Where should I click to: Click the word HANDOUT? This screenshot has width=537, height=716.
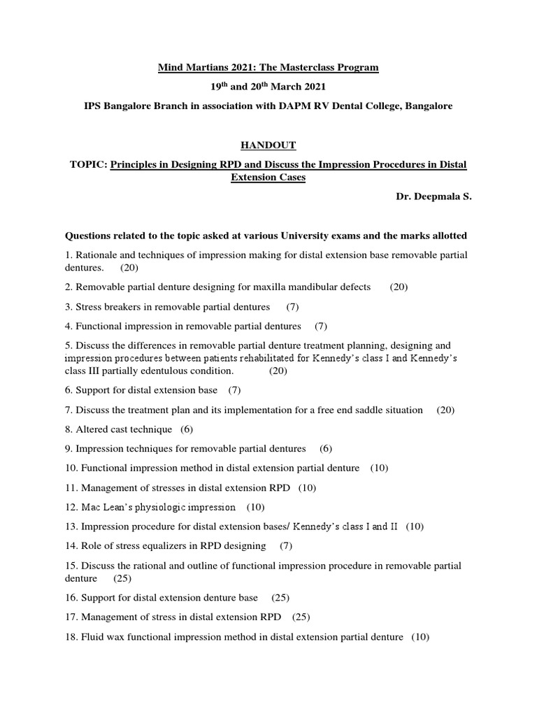pyautogui.click(x=268, y=145)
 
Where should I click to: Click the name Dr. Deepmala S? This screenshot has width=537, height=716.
pyautogui.click(x=434, y=197)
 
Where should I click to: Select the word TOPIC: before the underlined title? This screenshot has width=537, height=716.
pyautogui.click(x=87, y=165)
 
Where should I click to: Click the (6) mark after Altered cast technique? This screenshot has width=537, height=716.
pyautogui.click(x=187, y=429)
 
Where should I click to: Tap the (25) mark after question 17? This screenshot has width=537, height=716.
pyautogui.click(x=301, y=617)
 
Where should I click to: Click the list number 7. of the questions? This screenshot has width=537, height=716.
pyautogui.click(x=69, y=410)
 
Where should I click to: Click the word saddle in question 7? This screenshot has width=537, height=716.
pyautogui.click(x=359, y=410)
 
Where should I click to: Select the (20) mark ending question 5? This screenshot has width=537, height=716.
pyautogui.click(x=278, y=371)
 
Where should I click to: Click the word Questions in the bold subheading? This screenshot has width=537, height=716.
pyautogui.click(x=89, y=236)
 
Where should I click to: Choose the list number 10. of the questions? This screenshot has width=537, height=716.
pyautogui.click(x=71, y=468)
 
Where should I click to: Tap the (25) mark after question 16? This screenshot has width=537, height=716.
pyautogui.click(x=281, y=598)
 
